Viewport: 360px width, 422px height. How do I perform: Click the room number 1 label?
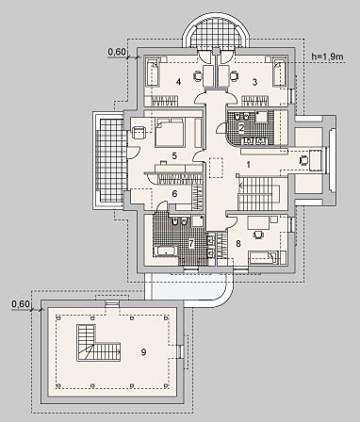pos(248,165)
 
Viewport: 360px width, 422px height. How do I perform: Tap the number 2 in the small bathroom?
pos(241,128)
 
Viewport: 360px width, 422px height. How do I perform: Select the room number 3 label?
pos(254,82)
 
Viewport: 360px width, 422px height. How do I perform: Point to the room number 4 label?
pos(178,82)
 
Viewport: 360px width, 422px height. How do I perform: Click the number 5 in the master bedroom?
pos(174,155)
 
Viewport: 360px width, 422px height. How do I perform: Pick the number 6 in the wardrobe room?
pos(174,194)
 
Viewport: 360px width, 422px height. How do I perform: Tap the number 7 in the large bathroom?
pos(191,244)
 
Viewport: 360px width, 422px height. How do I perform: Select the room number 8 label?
pos(238,244)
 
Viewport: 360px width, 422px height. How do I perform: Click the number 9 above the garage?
pos(143,352)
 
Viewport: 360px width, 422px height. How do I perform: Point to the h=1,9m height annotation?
pos(327,57)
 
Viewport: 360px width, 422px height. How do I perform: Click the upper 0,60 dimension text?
pos(117,52)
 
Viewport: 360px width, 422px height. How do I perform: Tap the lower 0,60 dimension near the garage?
pos(21,304)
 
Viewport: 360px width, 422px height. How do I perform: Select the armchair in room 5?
pos(139,133)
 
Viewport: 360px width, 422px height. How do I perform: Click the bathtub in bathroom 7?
pos(166,252)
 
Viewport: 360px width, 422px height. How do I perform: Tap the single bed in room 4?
pos(153,72)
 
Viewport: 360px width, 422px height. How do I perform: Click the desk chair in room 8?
pos(258,235)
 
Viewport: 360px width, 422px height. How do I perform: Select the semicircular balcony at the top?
pos(216,33)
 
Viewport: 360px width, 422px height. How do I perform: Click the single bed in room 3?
pos(279,72)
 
